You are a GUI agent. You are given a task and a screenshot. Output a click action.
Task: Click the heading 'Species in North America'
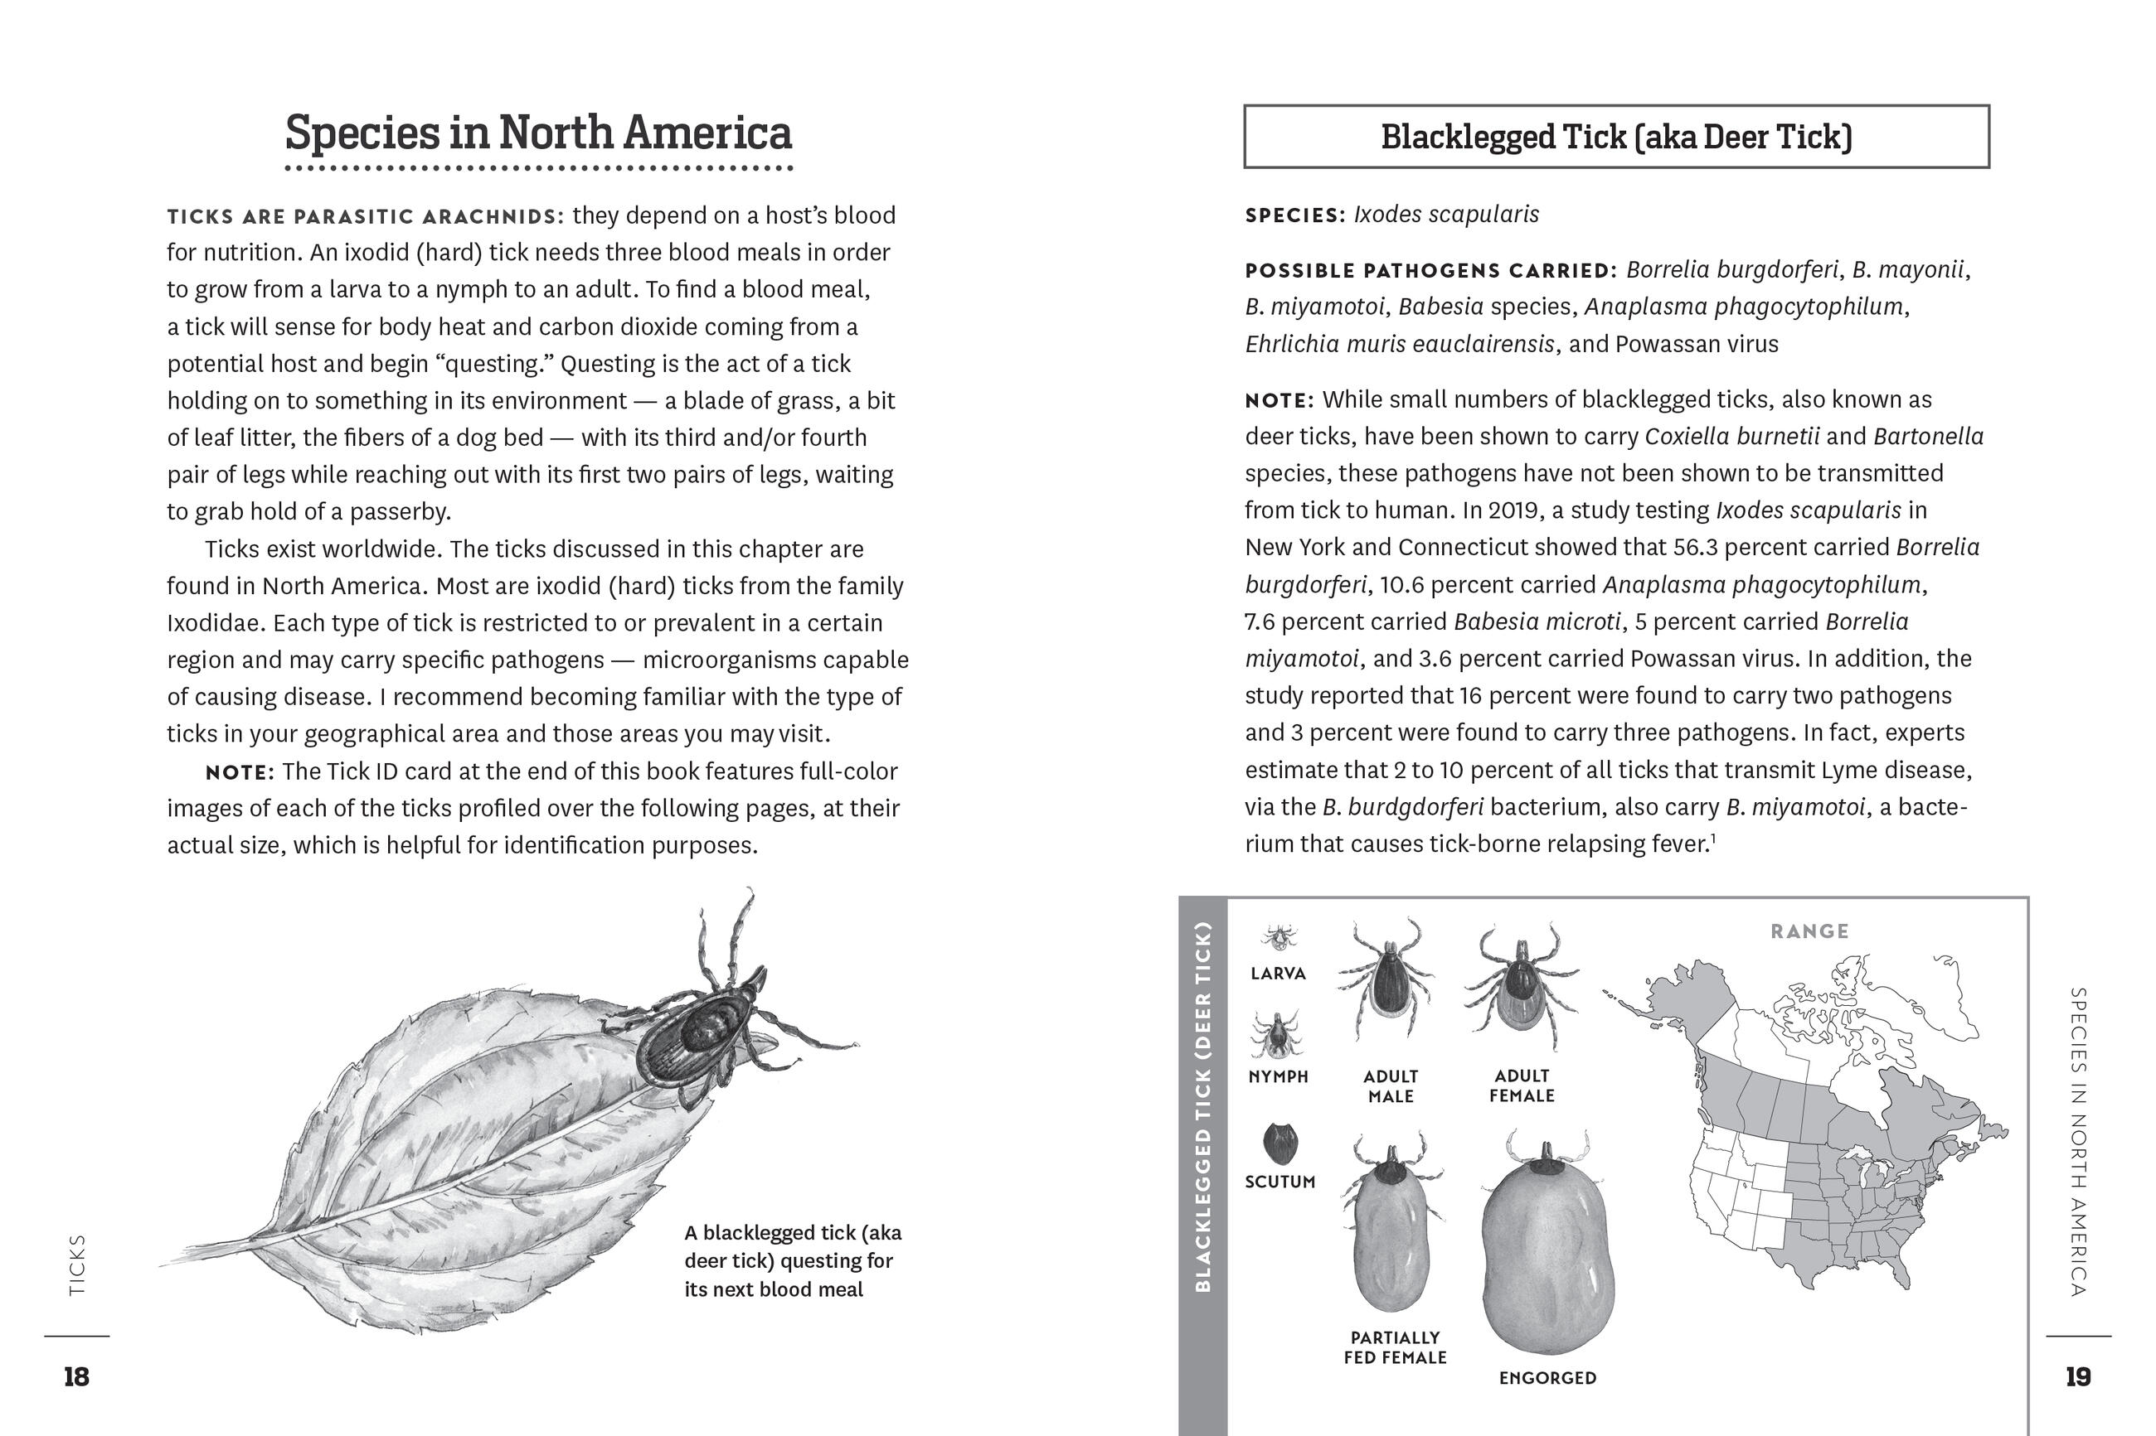coord(538,133)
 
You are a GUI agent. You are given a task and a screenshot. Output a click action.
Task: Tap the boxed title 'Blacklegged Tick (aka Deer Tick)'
coord(1615,138)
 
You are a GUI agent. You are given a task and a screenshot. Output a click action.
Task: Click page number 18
coord(76,1376)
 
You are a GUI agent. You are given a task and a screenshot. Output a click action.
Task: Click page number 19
coord(2078,1376)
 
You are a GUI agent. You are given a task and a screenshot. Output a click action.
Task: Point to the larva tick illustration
coord(1277,937)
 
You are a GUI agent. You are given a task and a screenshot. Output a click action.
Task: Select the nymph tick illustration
coord(1275,1035)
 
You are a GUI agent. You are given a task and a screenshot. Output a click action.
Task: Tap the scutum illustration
coord(1280,1143)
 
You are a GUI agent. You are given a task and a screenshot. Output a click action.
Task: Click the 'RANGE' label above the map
coord(1809,931)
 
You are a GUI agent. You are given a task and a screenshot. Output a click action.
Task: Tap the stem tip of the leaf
coord(165,1264)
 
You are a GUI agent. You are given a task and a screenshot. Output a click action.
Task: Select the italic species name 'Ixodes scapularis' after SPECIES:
coord(1446,215)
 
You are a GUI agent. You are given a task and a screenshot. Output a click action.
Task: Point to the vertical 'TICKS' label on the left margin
coord(77,1264)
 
